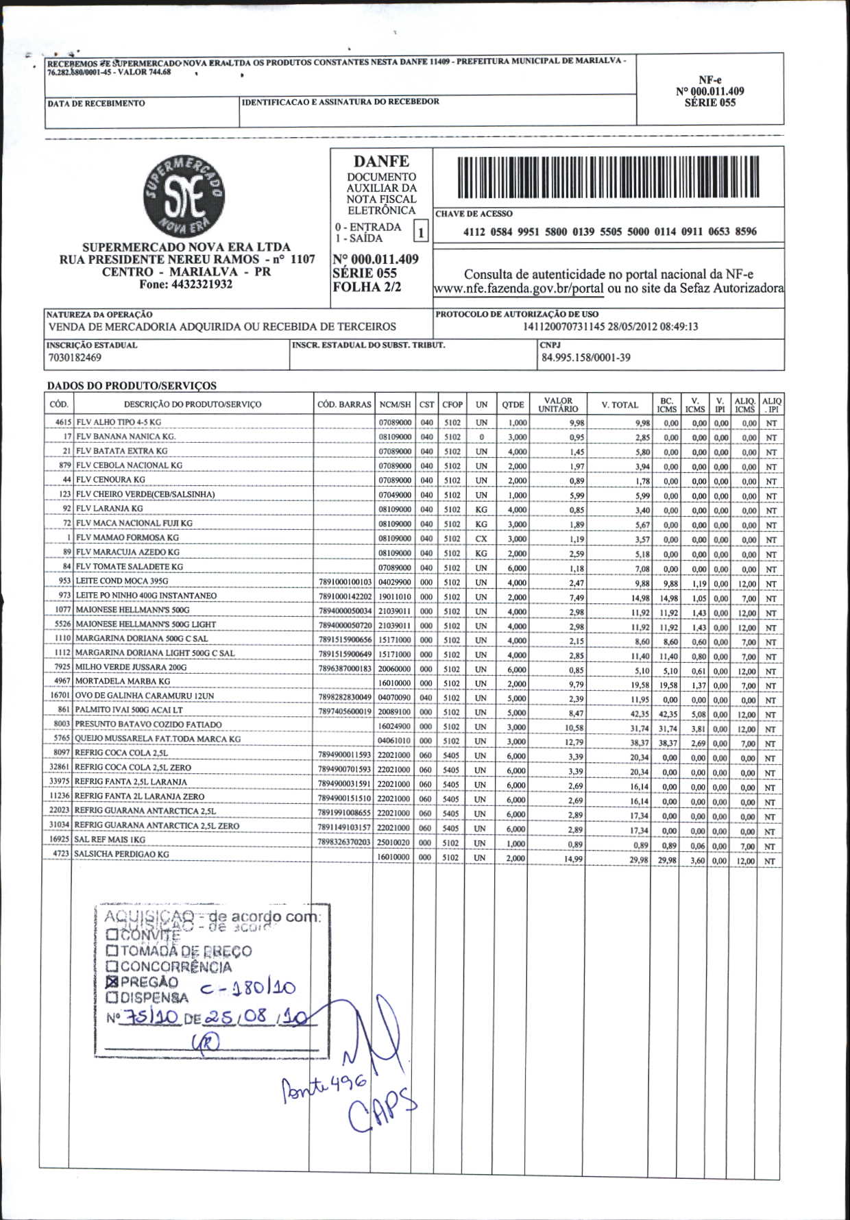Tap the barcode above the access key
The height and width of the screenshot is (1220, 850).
click(x=609, y=178)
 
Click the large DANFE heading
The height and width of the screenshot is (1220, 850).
click(x=381, y=162)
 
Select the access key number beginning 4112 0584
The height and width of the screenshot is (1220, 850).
click(x=609, y=232)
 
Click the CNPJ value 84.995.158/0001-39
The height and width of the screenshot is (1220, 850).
click(x=585, y=357)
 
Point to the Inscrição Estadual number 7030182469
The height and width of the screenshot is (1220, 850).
click(x=75, y=358)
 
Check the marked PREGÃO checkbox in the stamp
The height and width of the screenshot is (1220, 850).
click(x=112, y=981)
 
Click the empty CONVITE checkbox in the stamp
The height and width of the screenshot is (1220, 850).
click(x=112, y=935)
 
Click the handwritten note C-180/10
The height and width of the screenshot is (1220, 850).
click(x=247, y=988)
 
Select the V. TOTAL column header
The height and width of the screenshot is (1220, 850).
click(x=619, y=405)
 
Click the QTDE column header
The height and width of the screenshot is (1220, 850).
click(x=512, y=405)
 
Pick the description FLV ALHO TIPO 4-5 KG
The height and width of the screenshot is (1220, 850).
click(x=119, y=422)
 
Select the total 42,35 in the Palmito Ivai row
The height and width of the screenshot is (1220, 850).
click(x=639, y=714)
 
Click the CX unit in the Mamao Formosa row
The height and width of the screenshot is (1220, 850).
click(x=481, y=539)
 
